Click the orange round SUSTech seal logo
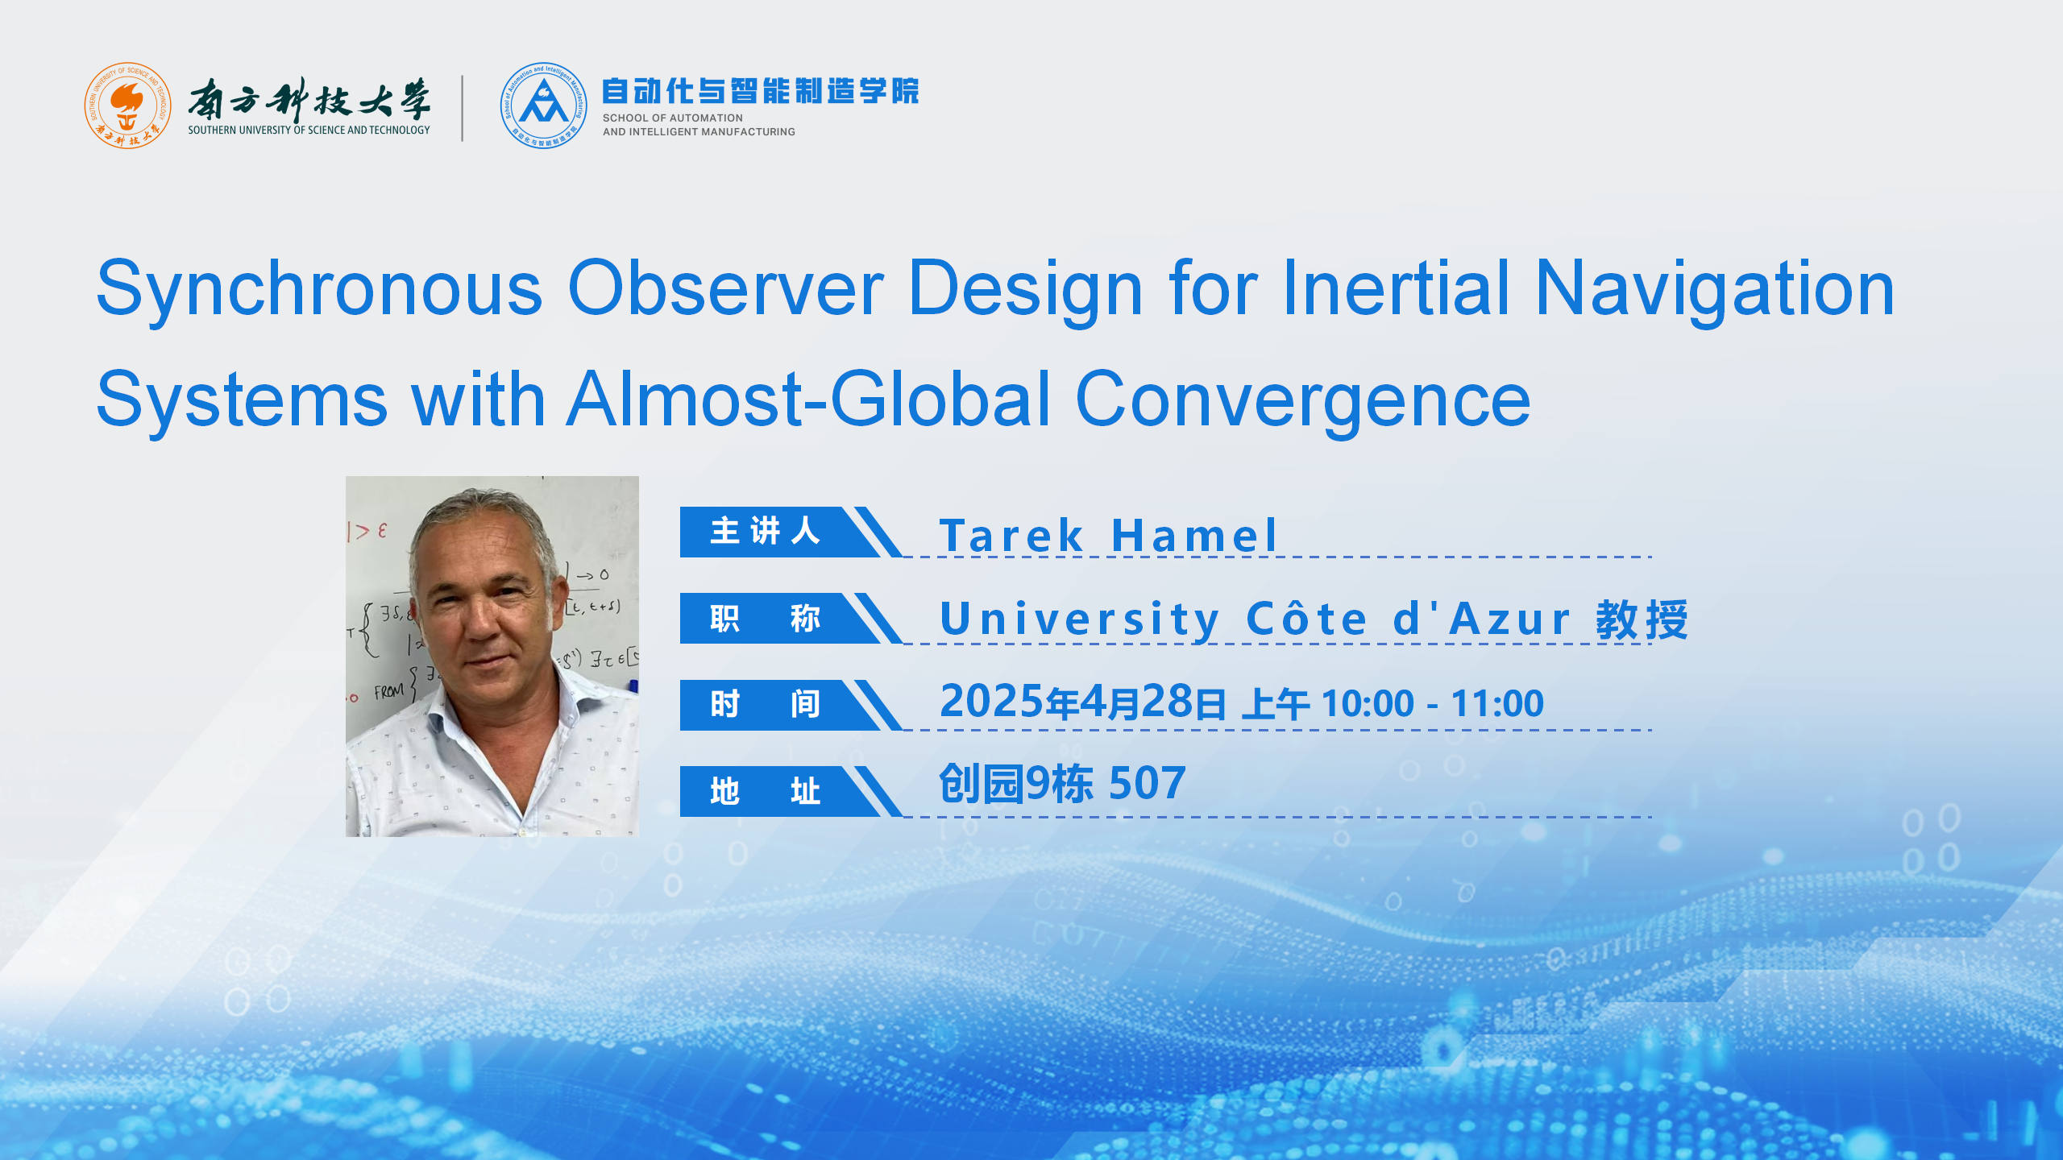click(x=127, y=106)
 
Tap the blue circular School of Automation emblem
click(x=543, y=106)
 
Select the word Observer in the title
click(x=726, y=288)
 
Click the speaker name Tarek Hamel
click(x=1108, y=535)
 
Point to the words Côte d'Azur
click(x=1409, y=619)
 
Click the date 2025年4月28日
click(x=1083, y=702)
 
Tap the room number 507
click(x=1148, y=783)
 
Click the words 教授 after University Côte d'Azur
click(x=1642, y=619)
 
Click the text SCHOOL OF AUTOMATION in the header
click(x=673, y=118)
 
